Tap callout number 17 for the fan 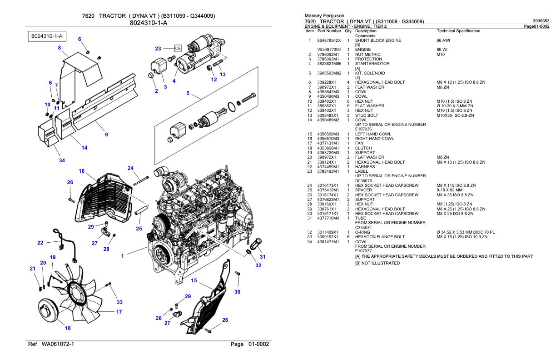tap(119, 312)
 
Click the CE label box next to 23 tap(178, 48)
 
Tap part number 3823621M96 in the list tap(329, 64)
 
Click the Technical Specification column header tap(457, 31)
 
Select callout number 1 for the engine tap(122, 256)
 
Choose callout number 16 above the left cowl tap(81, 171)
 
